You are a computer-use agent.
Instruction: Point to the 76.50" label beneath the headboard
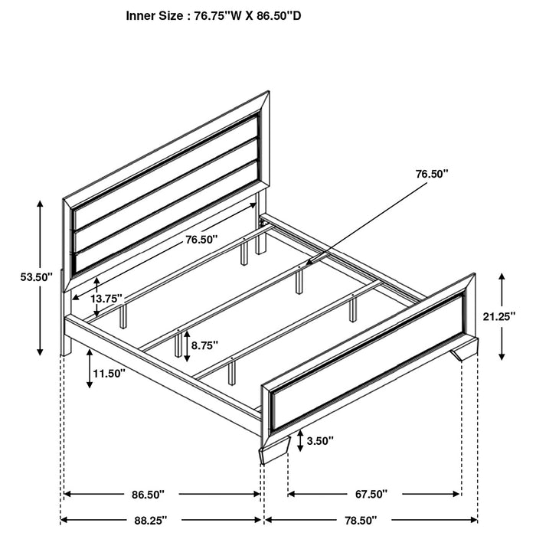[201, 240]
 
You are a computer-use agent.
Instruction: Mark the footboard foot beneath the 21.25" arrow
[465, 353]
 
